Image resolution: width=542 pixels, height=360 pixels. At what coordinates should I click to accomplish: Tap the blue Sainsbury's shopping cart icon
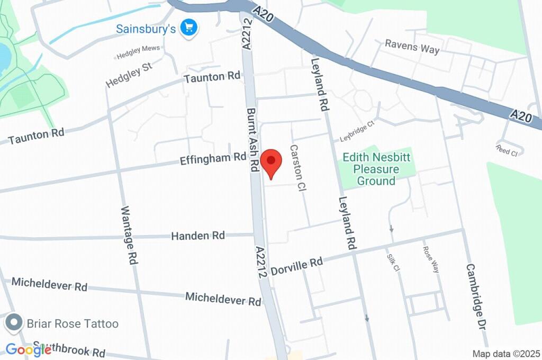pos(188,28)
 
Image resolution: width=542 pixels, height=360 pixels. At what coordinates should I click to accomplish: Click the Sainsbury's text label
pos(146,28)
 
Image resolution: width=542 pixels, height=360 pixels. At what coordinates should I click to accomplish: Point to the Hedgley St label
pos(129,76)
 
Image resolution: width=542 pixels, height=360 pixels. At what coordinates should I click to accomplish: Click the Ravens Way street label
pos(412,47)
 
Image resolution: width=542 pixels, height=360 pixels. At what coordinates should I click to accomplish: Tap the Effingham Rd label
pos(213,158)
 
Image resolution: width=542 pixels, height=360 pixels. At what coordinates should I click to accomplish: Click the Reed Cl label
pos(507,150)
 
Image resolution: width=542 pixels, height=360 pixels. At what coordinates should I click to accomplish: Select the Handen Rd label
pos(197,236)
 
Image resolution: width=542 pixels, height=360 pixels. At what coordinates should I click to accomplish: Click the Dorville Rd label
pos(296,266)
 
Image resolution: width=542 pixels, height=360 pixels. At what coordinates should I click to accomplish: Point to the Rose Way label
pos(431,259)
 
